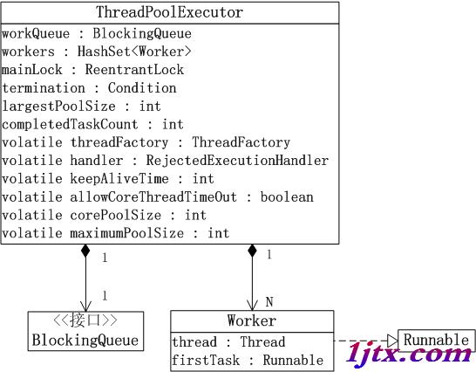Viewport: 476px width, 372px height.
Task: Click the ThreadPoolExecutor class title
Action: point(169,12)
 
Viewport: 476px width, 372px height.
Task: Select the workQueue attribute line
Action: point(97,33)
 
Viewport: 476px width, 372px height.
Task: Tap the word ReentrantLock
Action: point(134,69)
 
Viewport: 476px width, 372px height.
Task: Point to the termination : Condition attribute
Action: point(89,88)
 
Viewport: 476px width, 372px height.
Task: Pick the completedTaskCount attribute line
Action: point(92,124)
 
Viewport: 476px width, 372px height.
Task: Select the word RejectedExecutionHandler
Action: point(237,161)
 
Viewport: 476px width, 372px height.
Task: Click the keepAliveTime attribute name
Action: point(119,179)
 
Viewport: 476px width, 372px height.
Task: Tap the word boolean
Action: point(287,196)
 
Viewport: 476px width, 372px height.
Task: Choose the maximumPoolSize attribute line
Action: point(115,233)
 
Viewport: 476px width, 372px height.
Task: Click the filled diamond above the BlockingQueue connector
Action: point(85,251)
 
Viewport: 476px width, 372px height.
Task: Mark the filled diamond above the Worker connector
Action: point(252,251)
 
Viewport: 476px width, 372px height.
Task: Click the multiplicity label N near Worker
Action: point(269,302)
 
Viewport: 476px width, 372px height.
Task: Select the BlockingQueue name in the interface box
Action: point(85,340)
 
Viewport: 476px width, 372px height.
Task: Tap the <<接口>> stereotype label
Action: point(85,320)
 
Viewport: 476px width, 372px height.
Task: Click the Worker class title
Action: point(252,320)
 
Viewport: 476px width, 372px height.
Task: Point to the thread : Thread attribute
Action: point(228,341)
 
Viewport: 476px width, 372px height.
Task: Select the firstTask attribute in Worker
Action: point(248,360)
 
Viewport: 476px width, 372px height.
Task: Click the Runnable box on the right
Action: point(436,340)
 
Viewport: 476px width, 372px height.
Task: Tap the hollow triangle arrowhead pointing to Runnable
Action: point(392,341)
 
